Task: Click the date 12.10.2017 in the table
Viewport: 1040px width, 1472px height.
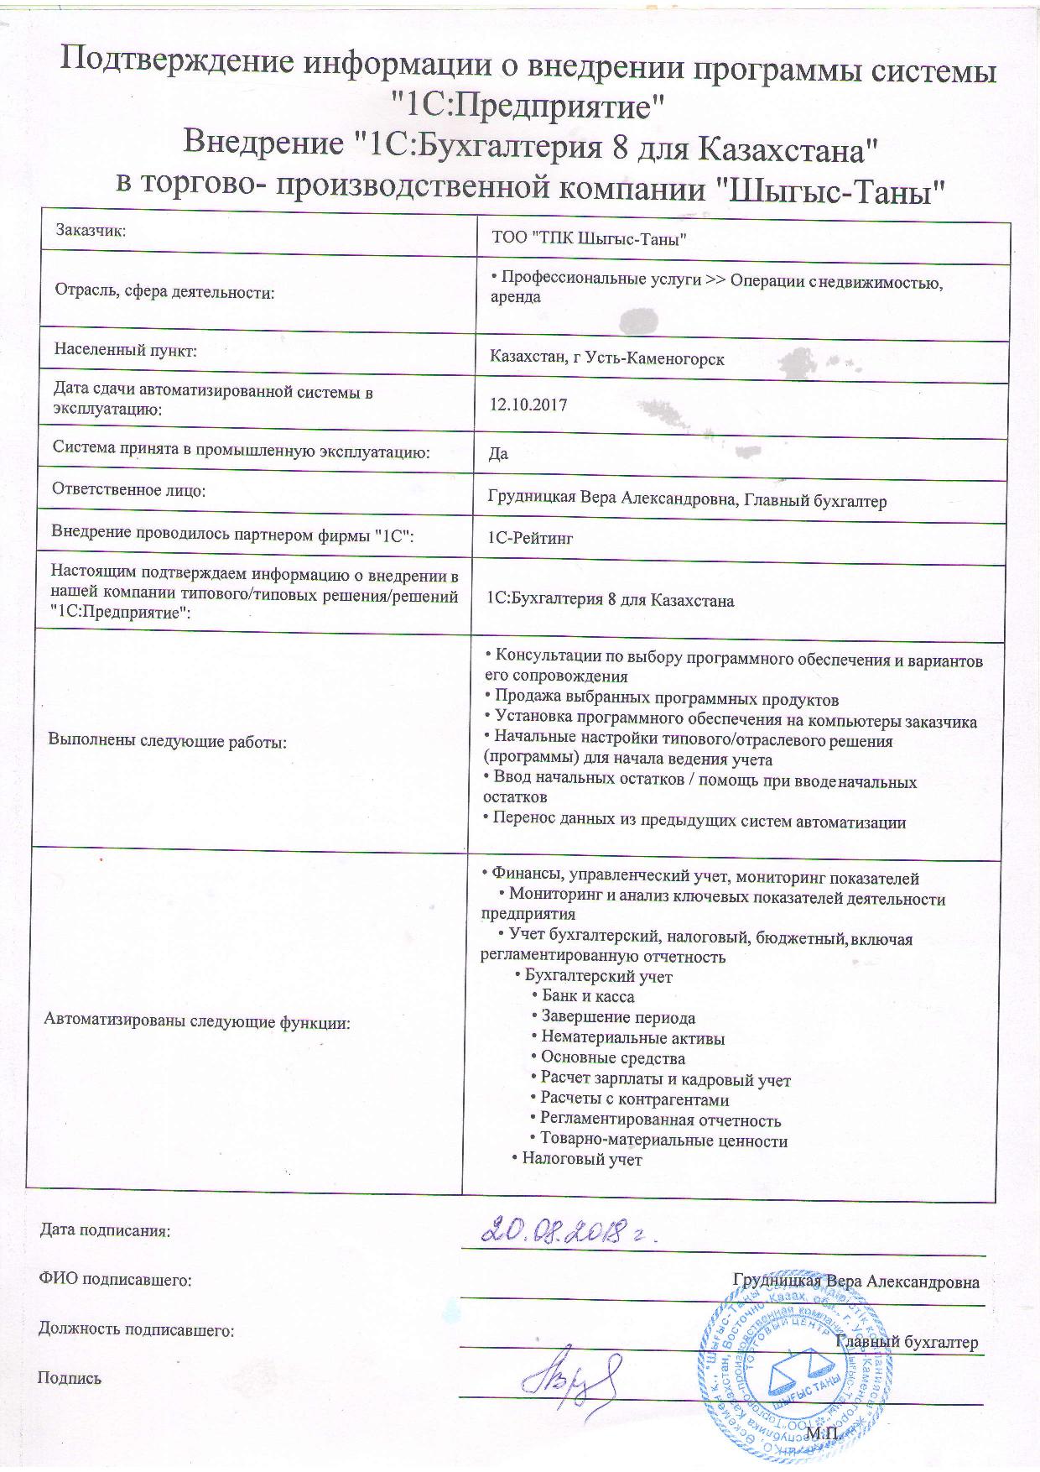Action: point(528,405)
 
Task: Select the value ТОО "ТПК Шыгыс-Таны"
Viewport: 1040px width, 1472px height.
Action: point(590,239)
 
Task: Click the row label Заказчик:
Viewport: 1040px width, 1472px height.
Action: point(91,229)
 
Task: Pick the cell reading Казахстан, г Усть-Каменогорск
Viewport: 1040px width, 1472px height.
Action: point(607,359)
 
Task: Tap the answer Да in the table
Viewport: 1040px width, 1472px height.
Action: point(498,454)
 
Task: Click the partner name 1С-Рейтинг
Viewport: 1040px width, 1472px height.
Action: point(530,538)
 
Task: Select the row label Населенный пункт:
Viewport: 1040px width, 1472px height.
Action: point(125,350)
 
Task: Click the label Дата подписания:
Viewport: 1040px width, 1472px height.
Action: point(105,1231)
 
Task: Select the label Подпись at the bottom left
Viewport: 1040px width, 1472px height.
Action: point(70,1377)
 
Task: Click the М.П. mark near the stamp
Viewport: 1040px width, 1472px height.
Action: point(823,1435)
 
